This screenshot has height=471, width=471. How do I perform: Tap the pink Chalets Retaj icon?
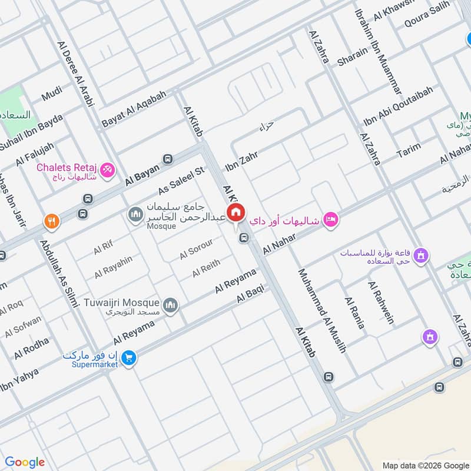click(107, 169)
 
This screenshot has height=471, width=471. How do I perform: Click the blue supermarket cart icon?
click(130, 357)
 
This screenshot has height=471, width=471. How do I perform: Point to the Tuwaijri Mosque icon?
click(171, 304)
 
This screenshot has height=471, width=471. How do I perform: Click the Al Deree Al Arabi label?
click(76, 73)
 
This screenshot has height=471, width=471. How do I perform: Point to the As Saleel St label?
click(181, 180)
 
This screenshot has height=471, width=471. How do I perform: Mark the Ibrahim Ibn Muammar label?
click(378, 51)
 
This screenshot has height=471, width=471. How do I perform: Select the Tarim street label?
click(409, 151)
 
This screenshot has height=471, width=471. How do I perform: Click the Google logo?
click(25, 462)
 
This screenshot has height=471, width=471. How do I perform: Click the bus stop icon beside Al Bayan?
click(168, 158)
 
